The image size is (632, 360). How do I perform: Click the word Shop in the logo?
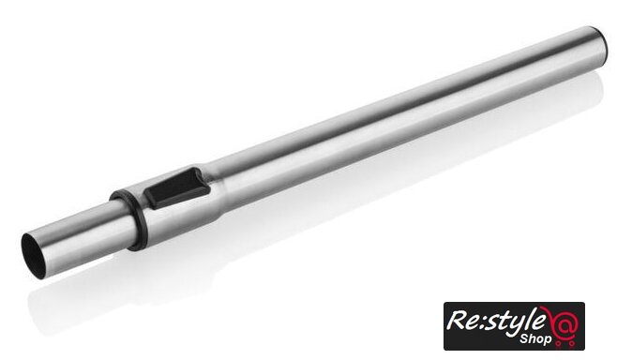click(535, 338)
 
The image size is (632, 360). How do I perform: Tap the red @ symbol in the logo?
click(565, 323)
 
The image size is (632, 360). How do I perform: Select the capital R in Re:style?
click(458, 321)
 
